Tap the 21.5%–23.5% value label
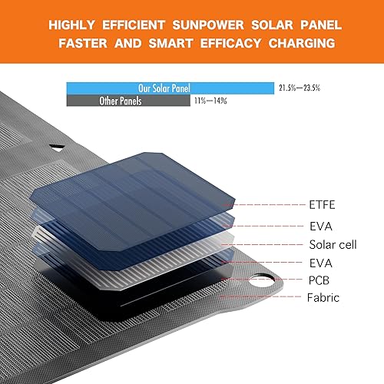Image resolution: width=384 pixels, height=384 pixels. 299,88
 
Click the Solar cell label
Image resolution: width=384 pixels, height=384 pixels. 333,245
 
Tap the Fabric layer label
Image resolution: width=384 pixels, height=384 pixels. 323,297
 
